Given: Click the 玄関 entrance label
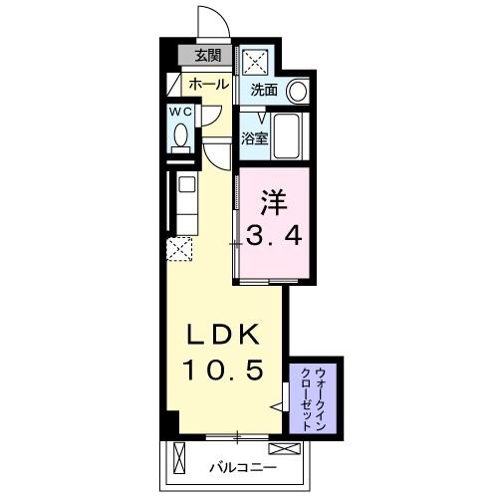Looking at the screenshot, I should coord(208,56).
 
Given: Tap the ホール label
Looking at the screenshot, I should coord(207,85).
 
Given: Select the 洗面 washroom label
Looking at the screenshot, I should coord(263,90).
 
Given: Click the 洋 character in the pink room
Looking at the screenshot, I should coord(274,201).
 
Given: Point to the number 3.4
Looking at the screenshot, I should coord(274,236).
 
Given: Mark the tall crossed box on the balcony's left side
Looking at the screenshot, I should coord(179,461).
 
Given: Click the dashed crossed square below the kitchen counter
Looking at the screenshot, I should coord(179,248).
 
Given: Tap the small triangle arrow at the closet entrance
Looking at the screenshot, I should coord(281,406).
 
